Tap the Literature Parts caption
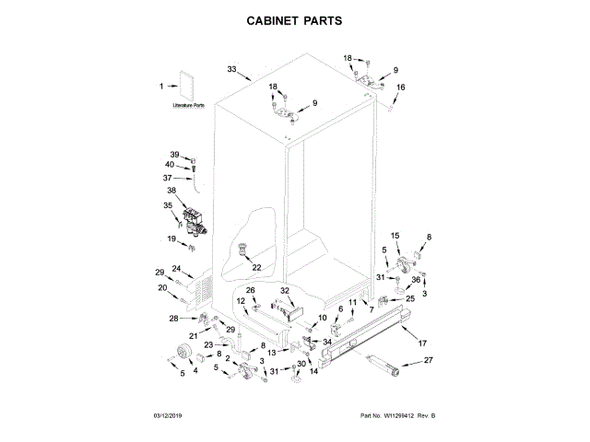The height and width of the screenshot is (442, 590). point(189,106)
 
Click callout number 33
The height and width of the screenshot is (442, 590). point(231,69)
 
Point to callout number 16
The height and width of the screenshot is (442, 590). point(401,87)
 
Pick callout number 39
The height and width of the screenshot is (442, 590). point(174,154)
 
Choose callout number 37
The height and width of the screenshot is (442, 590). point(168,178)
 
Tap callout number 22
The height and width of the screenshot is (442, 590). point(256,268)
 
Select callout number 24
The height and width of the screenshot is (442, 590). point(176,270)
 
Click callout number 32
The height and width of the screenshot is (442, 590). point(285,291)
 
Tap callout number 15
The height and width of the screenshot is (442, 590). point(395,237)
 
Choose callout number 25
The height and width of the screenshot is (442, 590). point(410,298)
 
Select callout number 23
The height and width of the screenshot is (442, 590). point(208,345)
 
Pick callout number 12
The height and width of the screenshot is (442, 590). point(242,301)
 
